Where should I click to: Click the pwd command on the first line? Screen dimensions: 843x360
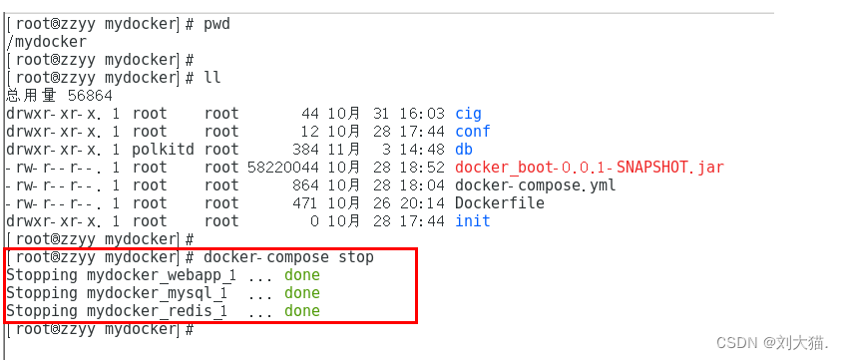click(218, 23)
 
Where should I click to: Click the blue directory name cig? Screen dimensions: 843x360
click(468, 114)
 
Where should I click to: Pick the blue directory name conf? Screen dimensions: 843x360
click(472, 132)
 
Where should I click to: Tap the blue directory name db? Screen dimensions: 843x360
click(463, 150)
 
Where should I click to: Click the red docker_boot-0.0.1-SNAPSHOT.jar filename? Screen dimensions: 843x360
click(589, 168)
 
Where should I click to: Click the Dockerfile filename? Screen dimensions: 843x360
click(499, 203)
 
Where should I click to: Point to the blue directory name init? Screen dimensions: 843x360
click(472, 221)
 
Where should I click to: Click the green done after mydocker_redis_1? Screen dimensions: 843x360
click(301, 311)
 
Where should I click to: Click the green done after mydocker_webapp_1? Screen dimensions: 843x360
click(301, 275)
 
